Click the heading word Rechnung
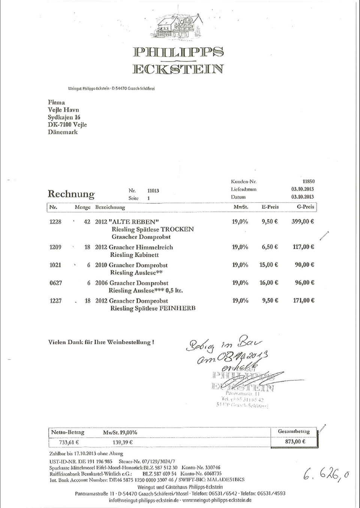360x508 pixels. pyautogui.click(x=71, y=194)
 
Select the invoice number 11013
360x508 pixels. pyautogui.click(x=153, y=190)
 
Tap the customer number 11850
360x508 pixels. pyautogui.click(x=308, y=181)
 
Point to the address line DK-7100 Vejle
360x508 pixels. pyautogui.click(x=67, y=124)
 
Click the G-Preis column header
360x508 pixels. pyautogui.click(x=305, y=207)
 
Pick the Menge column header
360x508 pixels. pyautogui.click(x=82, y=207)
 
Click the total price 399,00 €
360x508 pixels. pyautogui.click(x=303, y=222)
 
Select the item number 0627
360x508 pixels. pyautogui.click(x=55, y=283)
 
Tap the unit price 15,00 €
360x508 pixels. pyautogui.click(x=268, y=265)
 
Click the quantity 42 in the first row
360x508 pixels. pyautogui.click(x=87, y=222)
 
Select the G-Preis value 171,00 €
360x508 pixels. pyautogui.click(x=303, y=300)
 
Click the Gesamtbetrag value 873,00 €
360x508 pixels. pyautogui.click(x=295, y=441)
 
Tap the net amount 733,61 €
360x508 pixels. pyautogui.click(x=69, y=442)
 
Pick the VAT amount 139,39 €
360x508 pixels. pyautogui.click(x=122, y=442)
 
